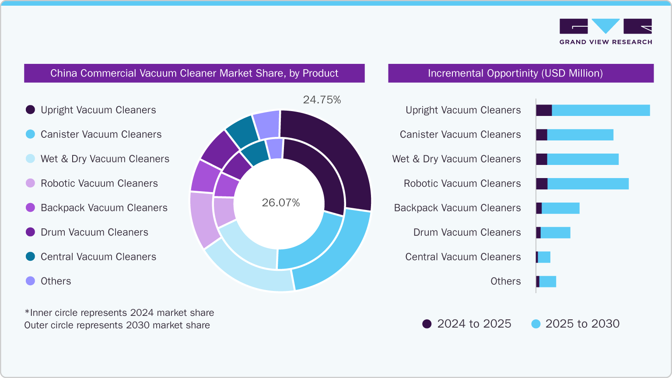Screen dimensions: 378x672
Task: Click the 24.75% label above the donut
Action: click(322, 100)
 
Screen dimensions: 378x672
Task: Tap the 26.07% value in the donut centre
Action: click(281, 203)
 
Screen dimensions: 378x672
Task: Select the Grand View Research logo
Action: click(605, 31)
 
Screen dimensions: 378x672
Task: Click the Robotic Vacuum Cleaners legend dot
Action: click(30, 183)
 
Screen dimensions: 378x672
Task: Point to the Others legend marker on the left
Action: click(30, 281)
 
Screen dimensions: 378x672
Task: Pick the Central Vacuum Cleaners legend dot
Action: click(30, 256)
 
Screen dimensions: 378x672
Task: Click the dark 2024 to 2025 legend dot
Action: click(427, 324)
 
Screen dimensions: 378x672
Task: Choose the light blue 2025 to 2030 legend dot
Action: click(535, 324)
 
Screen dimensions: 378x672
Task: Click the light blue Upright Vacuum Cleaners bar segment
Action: click(601, 110)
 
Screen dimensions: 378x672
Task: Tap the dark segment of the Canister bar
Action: click(542, 135)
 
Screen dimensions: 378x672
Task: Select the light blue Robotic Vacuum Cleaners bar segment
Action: click(588, 184)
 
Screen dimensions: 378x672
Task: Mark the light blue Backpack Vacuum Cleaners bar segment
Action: click(560, 208)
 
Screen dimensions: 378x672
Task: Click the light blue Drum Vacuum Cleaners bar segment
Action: click(555, 233)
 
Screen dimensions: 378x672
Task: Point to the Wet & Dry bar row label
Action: click(456, 159)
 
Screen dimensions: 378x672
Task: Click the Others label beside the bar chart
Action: click(505, 281)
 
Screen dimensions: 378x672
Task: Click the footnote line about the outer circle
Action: click(117, 325)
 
